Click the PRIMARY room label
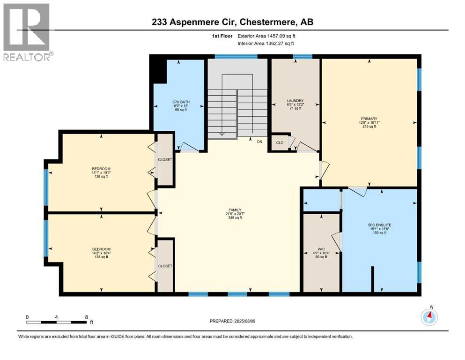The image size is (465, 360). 369,119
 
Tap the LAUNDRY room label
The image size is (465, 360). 295,101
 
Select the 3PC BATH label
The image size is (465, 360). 181,102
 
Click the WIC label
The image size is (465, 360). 321,249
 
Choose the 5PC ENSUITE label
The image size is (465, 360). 380,225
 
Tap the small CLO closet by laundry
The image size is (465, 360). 280,143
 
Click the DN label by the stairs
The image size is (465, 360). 260,142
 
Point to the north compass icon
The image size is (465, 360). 429,316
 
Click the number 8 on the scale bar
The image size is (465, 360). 87,317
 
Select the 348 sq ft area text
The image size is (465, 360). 235,217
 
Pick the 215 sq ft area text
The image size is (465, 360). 369,127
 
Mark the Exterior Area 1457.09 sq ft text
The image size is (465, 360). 266,36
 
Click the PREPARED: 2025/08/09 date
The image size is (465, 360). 232,321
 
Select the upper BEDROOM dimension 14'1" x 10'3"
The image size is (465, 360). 101,172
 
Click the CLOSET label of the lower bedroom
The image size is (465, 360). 165,266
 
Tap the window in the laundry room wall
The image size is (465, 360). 303,56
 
